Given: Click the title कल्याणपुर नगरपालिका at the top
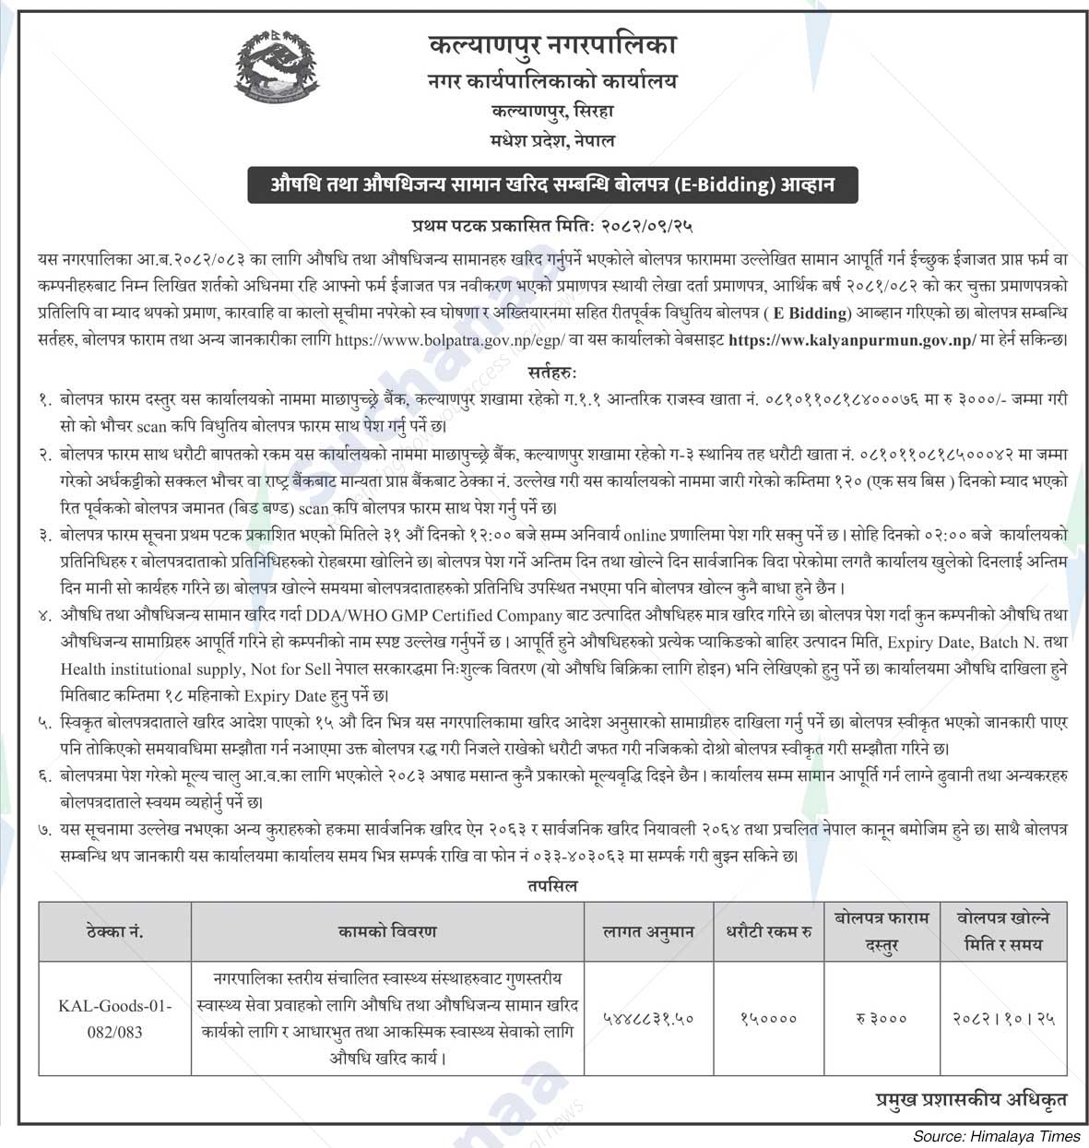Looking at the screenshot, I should tap(552, 44).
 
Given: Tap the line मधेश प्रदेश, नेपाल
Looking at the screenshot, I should tap(552, 141).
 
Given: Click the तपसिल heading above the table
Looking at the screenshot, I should tap(552, 885).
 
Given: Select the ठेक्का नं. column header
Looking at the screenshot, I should tap(114, 932).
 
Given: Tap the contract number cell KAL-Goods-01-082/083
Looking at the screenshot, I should tap(114, 1018).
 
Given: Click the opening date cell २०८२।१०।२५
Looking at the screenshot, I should tap(1003, 1018).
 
